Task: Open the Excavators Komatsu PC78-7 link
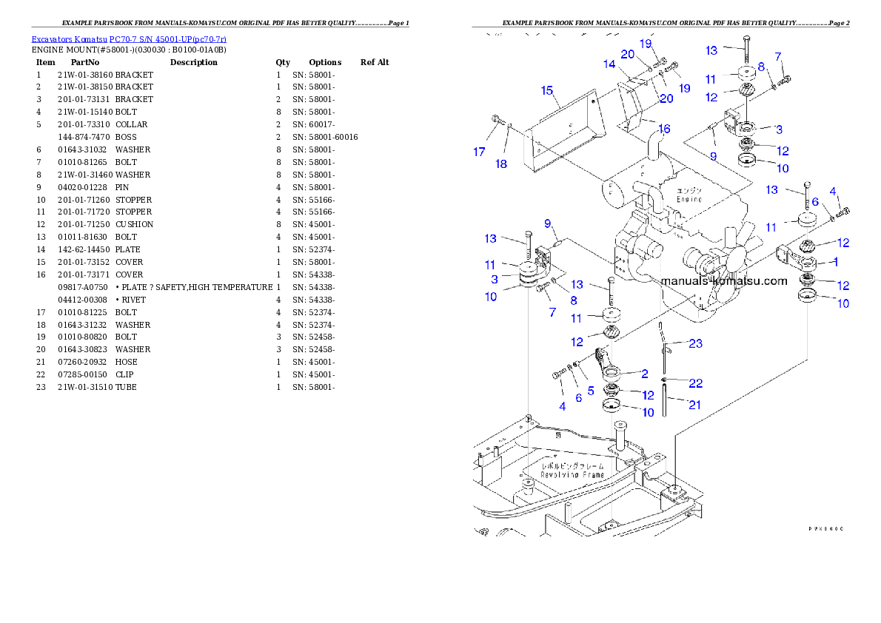point(129,38)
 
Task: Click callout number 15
point(547,91)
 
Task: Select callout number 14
point(609,64)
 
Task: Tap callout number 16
point(664,129)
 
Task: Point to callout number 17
point(480,152)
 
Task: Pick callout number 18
point(502,164)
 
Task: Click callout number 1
point(835,261)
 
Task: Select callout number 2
point(644,374)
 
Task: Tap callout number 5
point(590,390)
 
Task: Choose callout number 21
point(695,404)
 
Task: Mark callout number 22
point(695,383)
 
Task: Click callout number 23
point(695,343)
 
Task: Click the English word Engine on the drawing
point(689,200)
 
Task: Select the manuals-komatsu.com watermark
point(723,281)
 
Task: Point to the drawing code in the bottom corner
point(825,529)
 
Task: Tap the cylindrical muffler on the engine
point(622,193)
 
